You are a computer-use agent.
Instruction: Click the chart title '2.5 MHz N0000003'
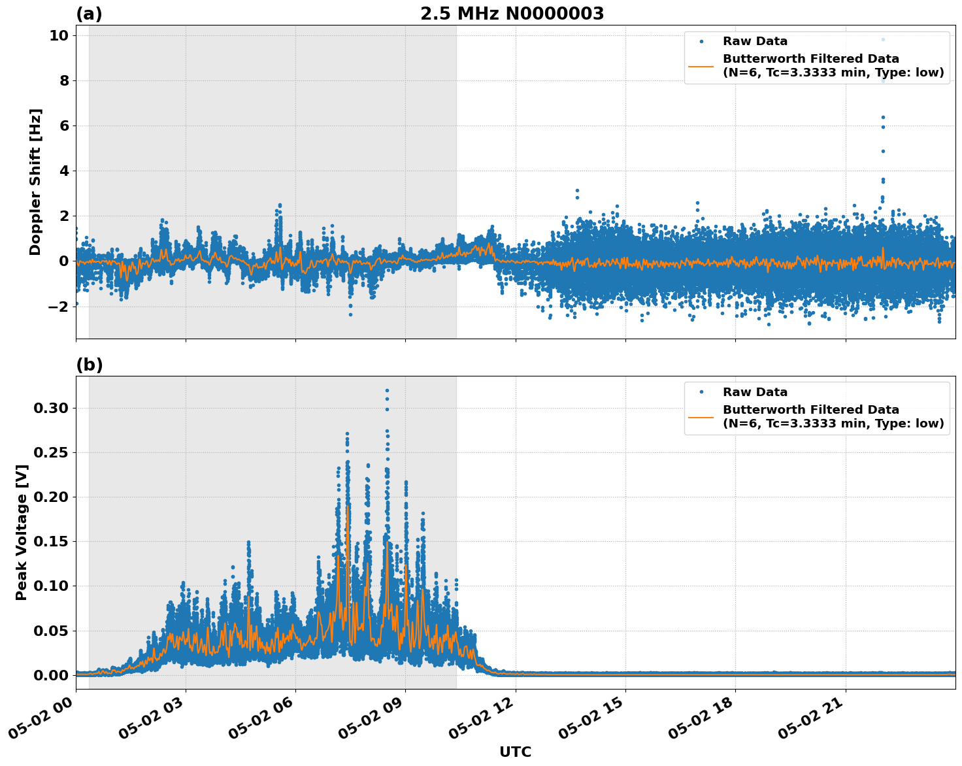(512, 14)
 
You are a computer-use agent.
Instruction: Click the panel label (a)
(89, 14)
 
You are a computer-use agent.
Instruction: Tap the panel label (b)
(89, 365)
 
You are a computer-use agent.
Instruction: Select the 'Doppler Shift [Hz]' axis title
(35, 182)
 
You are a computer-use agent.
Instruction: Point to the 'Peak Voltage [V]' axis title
(22, 532)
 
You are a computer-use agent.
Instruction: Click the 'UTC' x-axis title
(515, 752)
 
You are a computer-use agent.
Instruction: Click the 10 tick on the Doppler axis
(58, 36)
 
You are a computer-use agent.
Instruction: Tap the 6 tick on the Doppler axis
(63, 126)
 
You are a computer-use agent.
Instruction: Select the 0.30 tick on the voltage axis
(51, 408)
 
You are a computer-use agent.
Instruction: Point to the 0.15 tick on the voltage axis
(51, 541)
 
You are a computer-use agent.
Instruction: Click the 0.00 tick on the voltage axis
(51, 675)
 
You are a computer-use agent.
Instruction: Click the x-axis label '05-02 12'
(483, 716)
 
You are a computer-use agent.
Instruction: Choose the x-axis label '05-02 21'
(813, 716)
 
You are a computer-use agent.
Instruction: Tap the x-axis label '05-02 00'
(43, 716)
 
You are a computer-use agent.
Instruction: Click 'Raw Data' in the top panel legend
(755, 41)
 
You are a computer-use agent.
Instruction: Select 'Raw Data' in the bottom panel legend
(755, 392)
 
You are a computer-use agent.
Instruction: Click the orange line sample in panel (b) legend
(701, 417)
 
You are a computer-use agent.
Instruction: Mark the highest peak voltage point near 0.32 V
(387, 390)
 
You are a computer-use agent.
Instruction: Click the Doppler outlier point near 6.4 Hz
(883, 118)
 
